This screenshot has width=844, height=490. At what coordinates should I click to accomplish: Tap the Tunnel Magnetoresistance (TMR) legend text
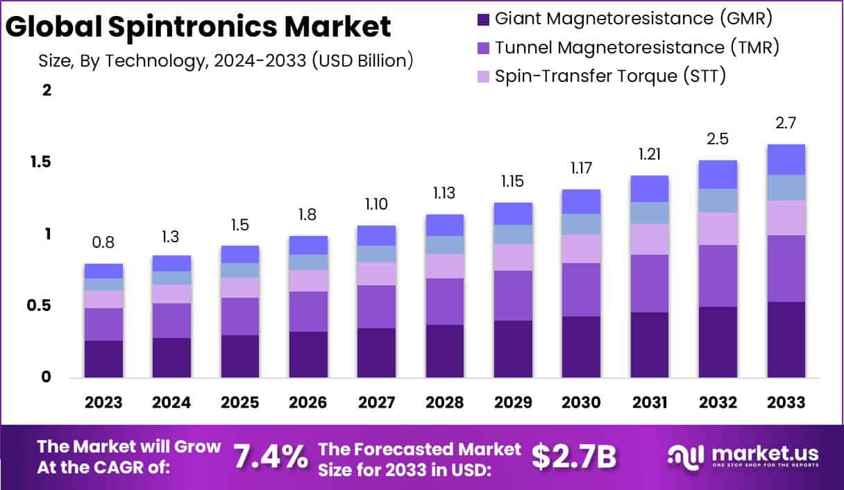pos(637,47)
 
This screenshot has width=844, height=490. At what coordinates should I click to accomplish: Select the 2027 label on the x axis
pos(376,403)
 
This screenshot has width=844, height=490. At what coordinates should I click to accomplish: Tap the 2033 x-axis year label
pos(786,403)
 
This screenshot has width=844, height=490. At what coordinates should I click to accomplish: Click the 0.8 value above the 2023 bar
pos(103,243)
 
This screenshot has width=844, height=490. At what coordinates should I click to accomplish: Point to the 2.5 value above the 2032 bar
pos(717,139)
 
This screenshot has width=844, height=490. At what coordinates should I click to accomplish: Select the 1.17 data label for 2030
pos(582,168)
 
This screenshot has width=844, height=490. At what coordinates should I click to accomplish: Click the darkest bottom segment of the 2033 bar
pos(786,339)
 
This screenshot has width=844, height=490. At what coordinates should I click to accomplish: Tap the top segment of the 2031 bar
pos(650,189)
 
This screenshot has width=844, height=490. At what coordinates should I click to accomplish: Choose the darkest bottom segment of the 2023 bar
pos(103,359)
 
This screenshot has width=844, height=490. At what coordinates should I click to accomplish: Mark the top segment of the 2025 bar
pos(239,254)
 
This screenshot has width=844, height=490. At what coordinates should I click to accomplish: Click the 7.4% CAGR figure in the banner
pos(270,457)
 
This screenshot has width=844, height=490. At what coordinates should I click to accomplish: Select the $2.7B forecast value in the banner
pos(574,456)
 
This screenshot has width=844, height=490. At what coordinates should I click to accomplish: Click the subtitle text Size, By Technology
pos(226,60)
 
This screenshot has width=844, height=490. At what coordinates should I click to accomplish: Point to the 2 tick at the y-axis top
pos(47,90)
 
